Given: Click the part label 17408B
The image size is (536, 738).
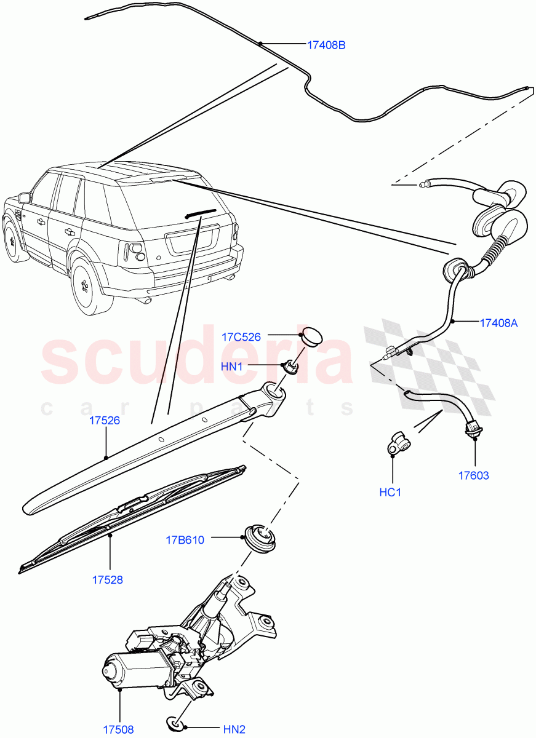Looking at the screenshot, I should (x=326, y=45).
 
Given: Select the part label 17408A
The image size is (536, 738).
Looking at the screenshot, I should (x=498, y=322).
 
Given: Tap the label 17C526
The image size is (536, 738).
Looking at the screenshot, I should (x=241, y=337).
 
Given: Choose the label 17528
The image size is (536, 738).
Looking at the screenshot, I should (x=108, y=579).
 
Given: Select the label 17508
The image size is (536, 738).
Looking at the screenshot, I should (x=118, y=730).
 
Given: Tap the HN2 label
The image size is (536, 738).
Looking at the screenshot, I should (x=234, y=730).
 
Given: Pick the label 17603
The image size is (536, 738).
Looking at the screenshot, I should (x=474, y=475).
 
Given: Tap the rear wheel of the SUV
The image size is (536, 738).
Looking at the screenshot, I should (x=89, y=285).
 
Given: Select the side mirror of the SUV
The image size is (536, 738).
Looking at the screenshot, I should (x=24, y=197).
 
